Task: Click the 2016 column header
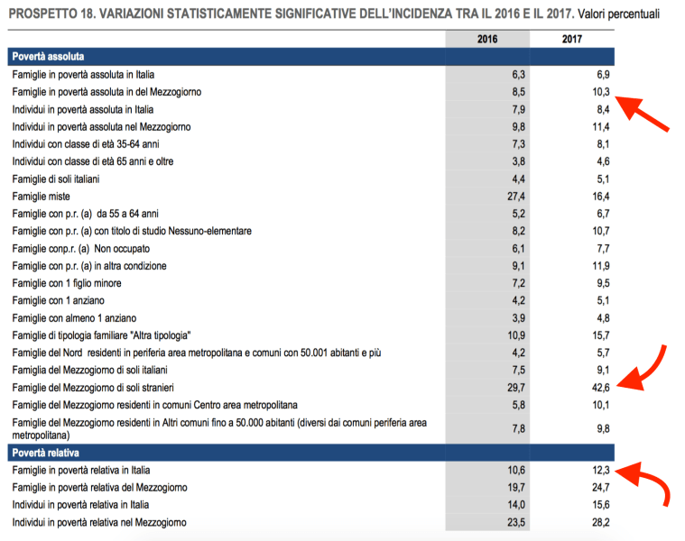488,39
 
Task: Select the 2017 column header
570,39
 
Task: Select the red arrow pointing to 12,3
652,486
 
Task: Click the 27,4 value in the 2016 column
514,197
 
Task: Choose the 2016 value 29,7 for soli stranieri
514,388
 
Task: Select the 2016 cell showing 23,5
514,523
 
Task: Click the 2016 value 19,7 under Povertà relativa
514,488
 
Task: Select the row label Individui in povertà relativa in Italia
79,505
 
